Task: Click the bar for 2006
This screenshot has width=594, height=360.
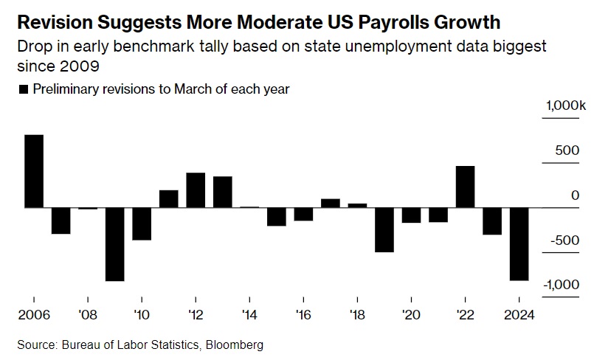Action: (34, 171)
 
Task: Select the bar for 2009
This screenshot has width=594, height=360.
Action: (114, 244)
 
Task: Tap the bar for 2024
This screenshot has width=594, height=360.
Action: (519, 244)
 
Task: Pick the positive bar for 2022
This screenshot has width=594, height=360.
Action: (465, 187)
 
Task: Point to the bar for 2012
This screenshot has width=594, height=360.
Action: (196, 190)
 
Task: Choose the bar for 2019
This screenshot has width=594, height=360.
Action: (384, 230)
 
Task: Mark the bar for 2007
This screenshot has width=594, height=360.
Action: (61, 221)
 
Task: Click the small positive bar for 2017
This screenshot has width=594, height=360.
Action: (331, 204)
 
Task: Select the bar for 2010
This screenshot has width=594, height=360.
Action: (142, 224)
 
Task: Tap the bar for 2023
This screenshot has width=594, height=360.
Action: (492, 221)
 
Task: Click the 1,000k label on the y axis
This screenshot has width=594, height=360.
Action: (565, 106)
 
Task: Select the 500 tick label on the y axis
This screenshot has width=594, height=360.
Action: (567, 150)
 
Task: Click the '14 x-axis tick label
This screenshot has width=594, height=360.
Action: (249, 312)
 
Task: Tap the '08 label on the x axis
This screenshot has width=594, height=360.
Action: (88, 312)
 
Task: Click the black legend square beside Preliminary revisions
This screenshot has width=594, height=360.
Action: (23, 89)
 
